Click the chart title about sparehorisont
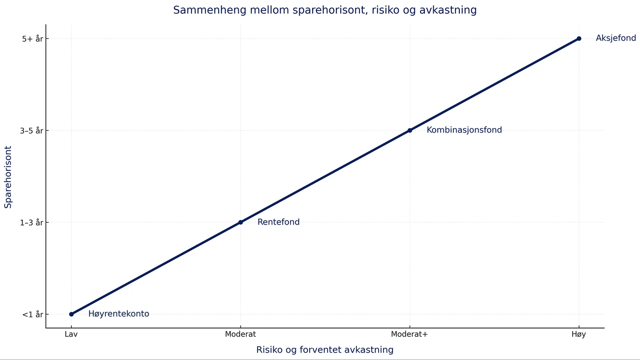tap(324, 10)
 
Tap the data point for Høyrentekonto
tap(71, 314)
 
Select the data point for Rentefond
tap(240, 222)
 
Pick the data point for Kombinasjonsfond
tap(410, 131)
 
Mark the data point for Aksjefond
tap(579, 38)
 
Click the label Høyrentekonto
tap(119, 314)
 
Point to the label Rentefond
tap(279, 222)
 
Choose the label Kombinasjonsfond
tap(464, 131)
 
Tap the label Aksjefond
tap(616, 38)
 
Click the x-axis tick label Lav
tap(71, 334)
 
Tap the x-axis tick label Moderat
tap(240, 334)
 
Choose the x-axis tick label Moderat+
tap(410, 334)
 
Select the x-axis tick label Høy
tap(579, 334)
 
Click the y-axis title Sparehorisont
tap(8, 176)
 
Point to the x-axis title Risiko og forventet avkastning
tap(325, 350)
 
